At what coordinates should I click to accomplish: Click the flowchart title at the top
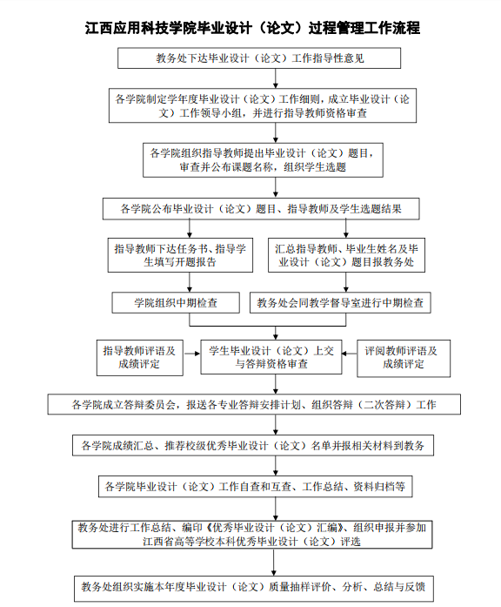[252, 28]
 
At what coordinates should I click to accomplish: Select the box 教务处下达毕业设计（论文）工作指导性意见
[259, 58]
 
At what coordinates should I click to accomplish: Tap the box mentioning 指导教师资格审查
[263, 105]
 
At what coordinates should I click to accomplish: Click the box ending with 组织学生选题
[263, 160]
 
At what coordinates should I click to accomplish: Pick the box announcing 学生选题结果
[261, 209]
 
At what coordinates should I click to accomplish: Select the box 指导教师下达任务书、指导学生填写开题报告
[180, 255]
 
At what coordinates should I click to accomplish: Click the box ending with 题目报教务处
[346, 255]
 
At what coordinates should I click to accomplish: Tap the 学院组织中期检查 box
[176, 303]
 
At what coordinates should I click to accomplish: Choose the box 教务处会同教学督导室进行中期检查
[340, 303]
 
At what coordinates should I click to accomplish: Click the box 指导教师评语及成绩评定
[139, 358]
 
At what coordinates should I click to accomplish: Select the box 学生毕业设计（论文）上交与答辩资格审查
[271, 357]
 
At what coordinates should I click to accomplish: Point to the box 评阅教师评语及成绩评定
[404, 358]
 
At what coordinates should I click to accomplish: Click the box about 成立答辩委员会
[254, 405]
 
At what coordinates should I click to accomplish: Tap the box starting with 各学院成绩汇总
[253, 446]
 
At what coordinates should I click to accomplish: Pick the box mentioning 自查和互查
[255, 487]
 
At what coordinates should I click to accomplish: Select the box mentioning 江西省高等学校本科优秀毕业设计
[252, 535]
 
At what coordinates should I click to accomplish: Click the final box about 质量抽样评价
[254, 587]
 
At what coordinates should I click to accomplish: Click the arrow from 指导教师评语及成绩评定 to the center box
[192, 354]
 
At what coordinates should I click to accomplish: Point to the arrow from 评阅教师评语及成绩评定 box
[350, 354]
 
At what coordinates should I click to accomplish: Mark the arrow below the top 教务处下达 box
[276, 78]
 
